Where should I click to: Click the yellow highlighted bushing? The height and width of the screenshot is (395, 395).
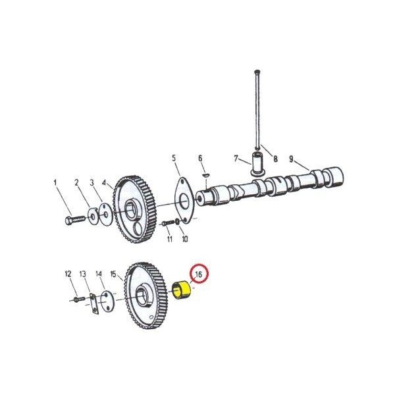[x=182, y=291]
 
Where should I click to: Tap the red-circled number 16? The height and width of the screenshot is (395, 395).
[x=199, y=275]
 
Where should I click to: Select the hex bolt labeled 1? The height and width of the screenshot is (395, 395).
[x=75, y=219]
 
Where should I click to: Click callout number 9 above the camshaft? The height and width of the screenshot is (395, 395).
[x=291, y=159]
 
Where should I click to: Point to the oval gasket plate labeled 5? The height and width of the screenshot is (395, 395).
[x=184, y=201]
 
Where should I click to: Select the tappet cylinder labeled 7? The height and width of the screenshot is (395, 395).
[x=257, y=164]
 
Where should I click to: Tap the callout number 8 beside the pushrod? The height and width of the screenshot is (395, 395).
[x=276, y=159]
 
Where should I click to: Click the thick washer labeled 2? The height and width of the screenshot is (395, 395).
[x=92, y=216]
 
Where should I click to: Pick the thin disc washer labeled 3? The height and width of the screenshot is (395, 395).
[x=106, y=215]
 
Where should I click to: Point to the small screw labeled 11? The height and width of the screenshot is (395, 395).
[x=167, y=223]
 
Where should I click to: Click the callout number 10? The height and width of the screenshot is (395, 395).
[x=185, y=239]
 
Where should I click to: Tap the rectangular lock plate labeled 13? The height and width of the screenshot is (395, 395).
[x=93, y=303]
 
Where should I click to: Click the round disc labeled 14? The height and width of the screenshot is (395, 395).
[x=107, y=301]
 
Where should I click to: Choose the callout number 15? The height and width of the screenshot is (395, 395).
[x=113, y=274]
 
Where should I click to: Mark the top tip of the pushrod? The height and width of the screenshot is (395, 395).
[x=257, y=71]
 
